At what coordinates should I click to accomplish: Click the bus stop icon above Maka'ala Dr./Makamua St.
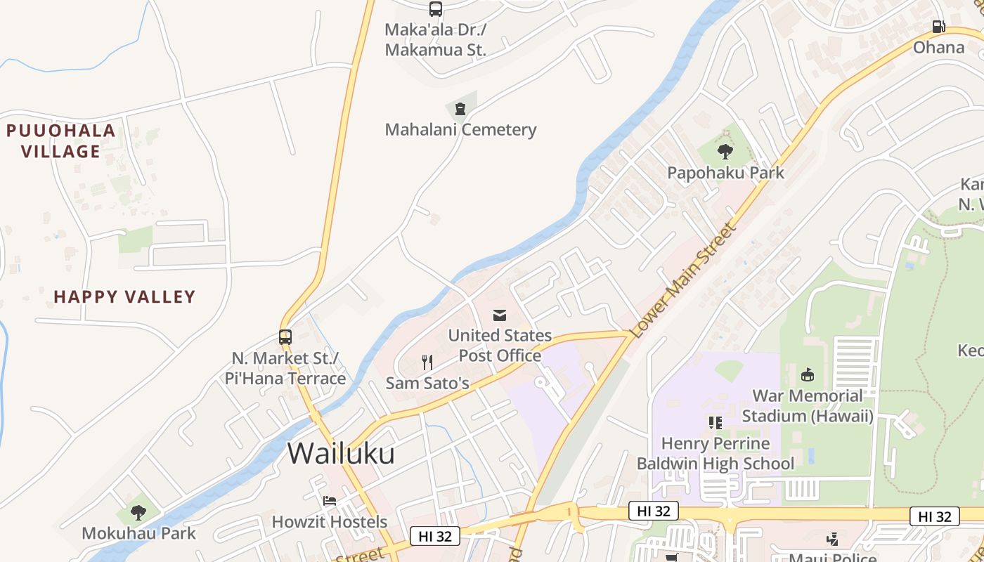436,9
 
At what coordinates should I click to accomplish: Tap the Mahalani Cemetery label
460,130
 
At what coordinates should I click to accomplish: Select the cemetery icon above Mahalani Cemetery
460,109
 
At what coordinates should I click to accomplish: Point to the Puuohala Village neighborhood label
60,140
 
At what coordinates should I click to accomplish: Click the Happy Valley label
124,297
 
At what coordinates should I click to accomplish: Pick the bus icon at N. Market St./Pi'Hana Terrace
285,336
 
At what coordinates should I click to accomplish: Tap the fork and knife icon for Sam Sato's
427,362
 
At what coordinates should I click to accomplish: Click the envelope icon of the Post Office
500,315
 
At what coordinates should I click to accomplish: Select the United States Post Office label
500,346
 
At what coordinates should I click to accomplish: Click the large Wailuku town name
341,454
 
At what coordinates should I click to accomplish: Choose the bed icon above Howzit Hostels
330,501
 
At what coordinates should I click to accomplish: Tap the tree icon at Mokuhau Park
138,513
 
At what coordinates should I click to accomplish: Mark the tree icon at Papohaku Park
725,151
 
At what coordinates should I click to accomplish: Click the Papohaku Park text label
725,173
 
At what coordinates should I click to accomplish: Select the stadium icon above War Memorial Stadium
808,375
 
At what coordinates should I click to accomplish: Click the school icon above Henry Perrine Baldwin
716,422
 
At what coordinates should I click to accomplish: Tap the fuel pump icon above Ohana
938,27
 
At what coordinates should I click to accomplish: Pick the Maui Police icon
833,540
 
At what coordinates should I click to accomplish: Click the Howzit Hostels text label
330,522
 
